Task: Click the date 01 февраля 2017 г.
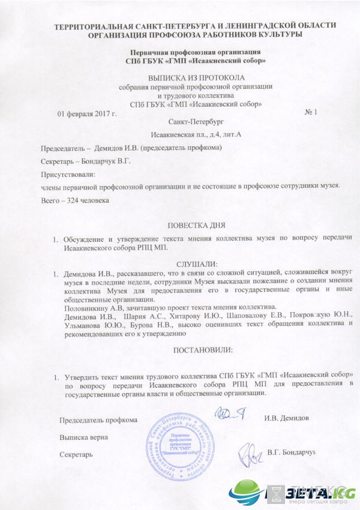point(86,113)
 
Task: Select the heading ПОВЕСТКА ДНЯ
point(196,225)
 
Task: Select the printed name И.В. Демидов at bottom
point(286,417)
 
